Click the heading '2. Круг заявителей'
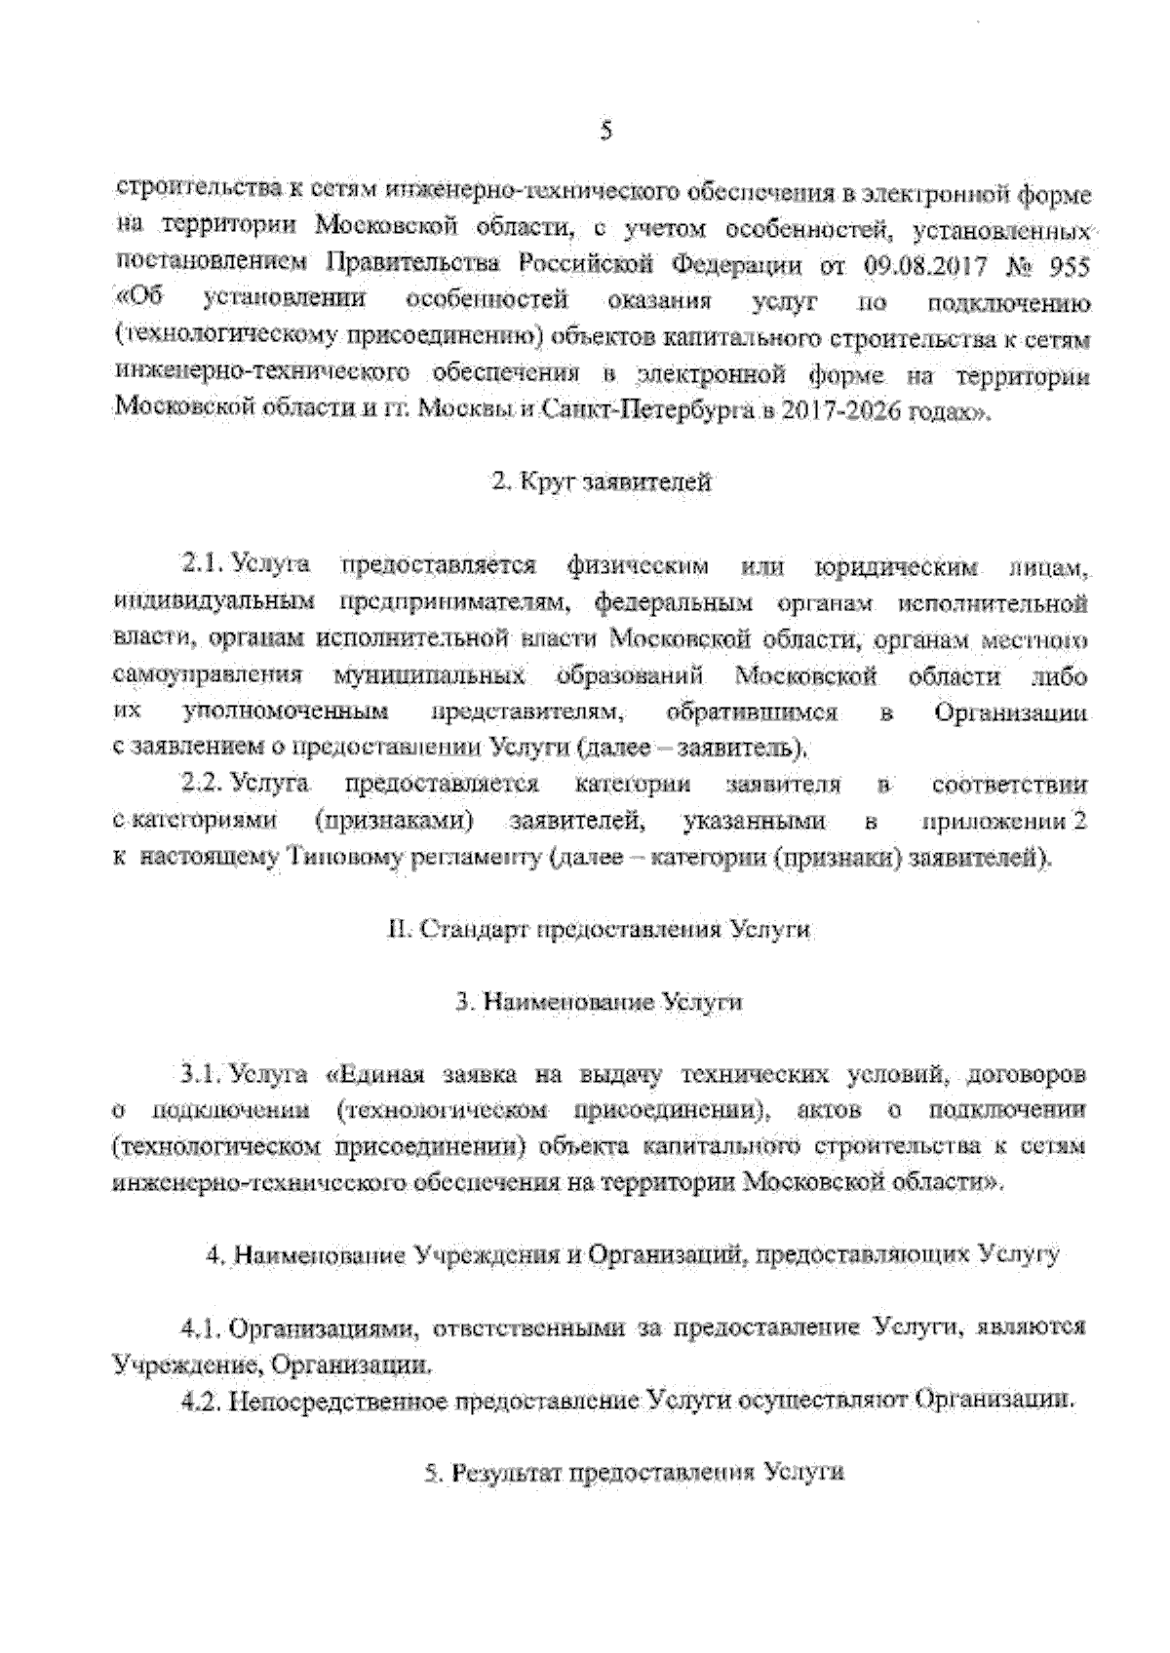point(601,482)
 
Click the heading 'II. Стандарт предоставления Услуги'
point(599,931)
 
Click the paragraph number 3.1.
point(203,1077)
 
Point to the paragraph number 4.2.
point(203,1403)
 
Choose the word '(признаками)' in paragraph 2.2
point(394,822)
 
